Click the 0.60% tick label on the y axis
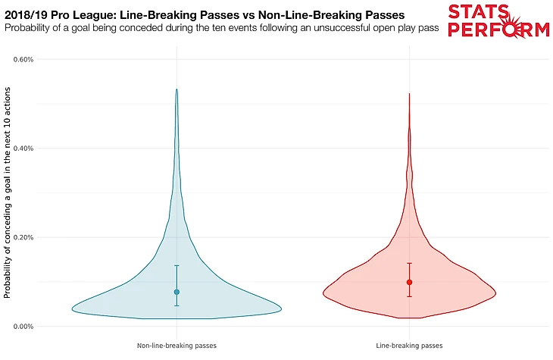pyautogui.click(x=34, y=59)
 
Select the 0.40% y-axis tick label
pyautogui.click(x=34, y=149)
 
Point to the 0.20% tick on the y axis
pyautogui.click(x=34, y=237)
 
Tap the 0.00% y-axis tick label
pyautogui.click(x=34, y=327)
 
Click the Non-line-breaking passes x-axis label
pyautogui.click(x=177, y=346)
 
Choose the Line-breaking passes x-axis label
pyautogui.click(x=409, y=346)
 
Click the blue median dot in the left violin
pyautogui.click(x=177, y=292)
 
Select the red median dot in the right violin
pyautogui.click(x=409, y=282)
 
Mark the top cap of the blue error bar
pyautogui.click(x=177, y=265)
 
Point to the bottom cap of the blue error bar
pyautogui.click(x=177, y=305)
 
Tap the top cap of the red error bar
pyautogui.click(x=409, y=263)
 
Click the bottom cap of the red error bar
pyautogui.click(x=409, y=296)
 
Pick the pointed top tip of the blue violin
pyautogui.click(x=177, y=89)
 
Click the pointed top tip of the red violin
pyautogui.click(x=409, y=94)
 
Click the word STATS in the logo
pyautogui.click(x=488, y=12)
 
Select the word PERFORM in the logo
pyautogui.click(x=498, y=30)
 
